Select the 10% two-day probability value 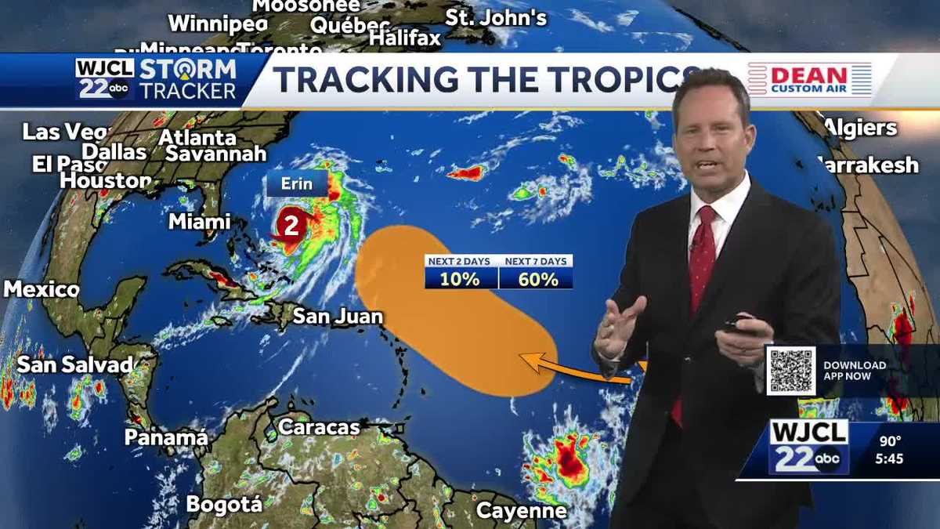click(461, 278)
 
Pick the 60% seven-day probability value click(537, 278)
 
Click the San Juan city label click(338, 317)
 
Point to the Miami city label click(200, 222)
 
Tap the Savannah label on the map click(216, 154)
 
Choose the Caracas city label click(319, 427)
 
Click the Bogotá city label click(223, 504)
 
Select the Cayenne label click(521, 511)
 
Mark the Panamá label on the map click(166, 437)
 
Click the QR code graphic click(790, 371)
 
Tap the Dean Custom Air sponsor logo click(810, 79)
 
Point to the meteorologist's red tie click(701, 266)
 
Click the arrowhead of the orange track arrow click(523, 361)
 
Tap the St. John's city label click(496, 17)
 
